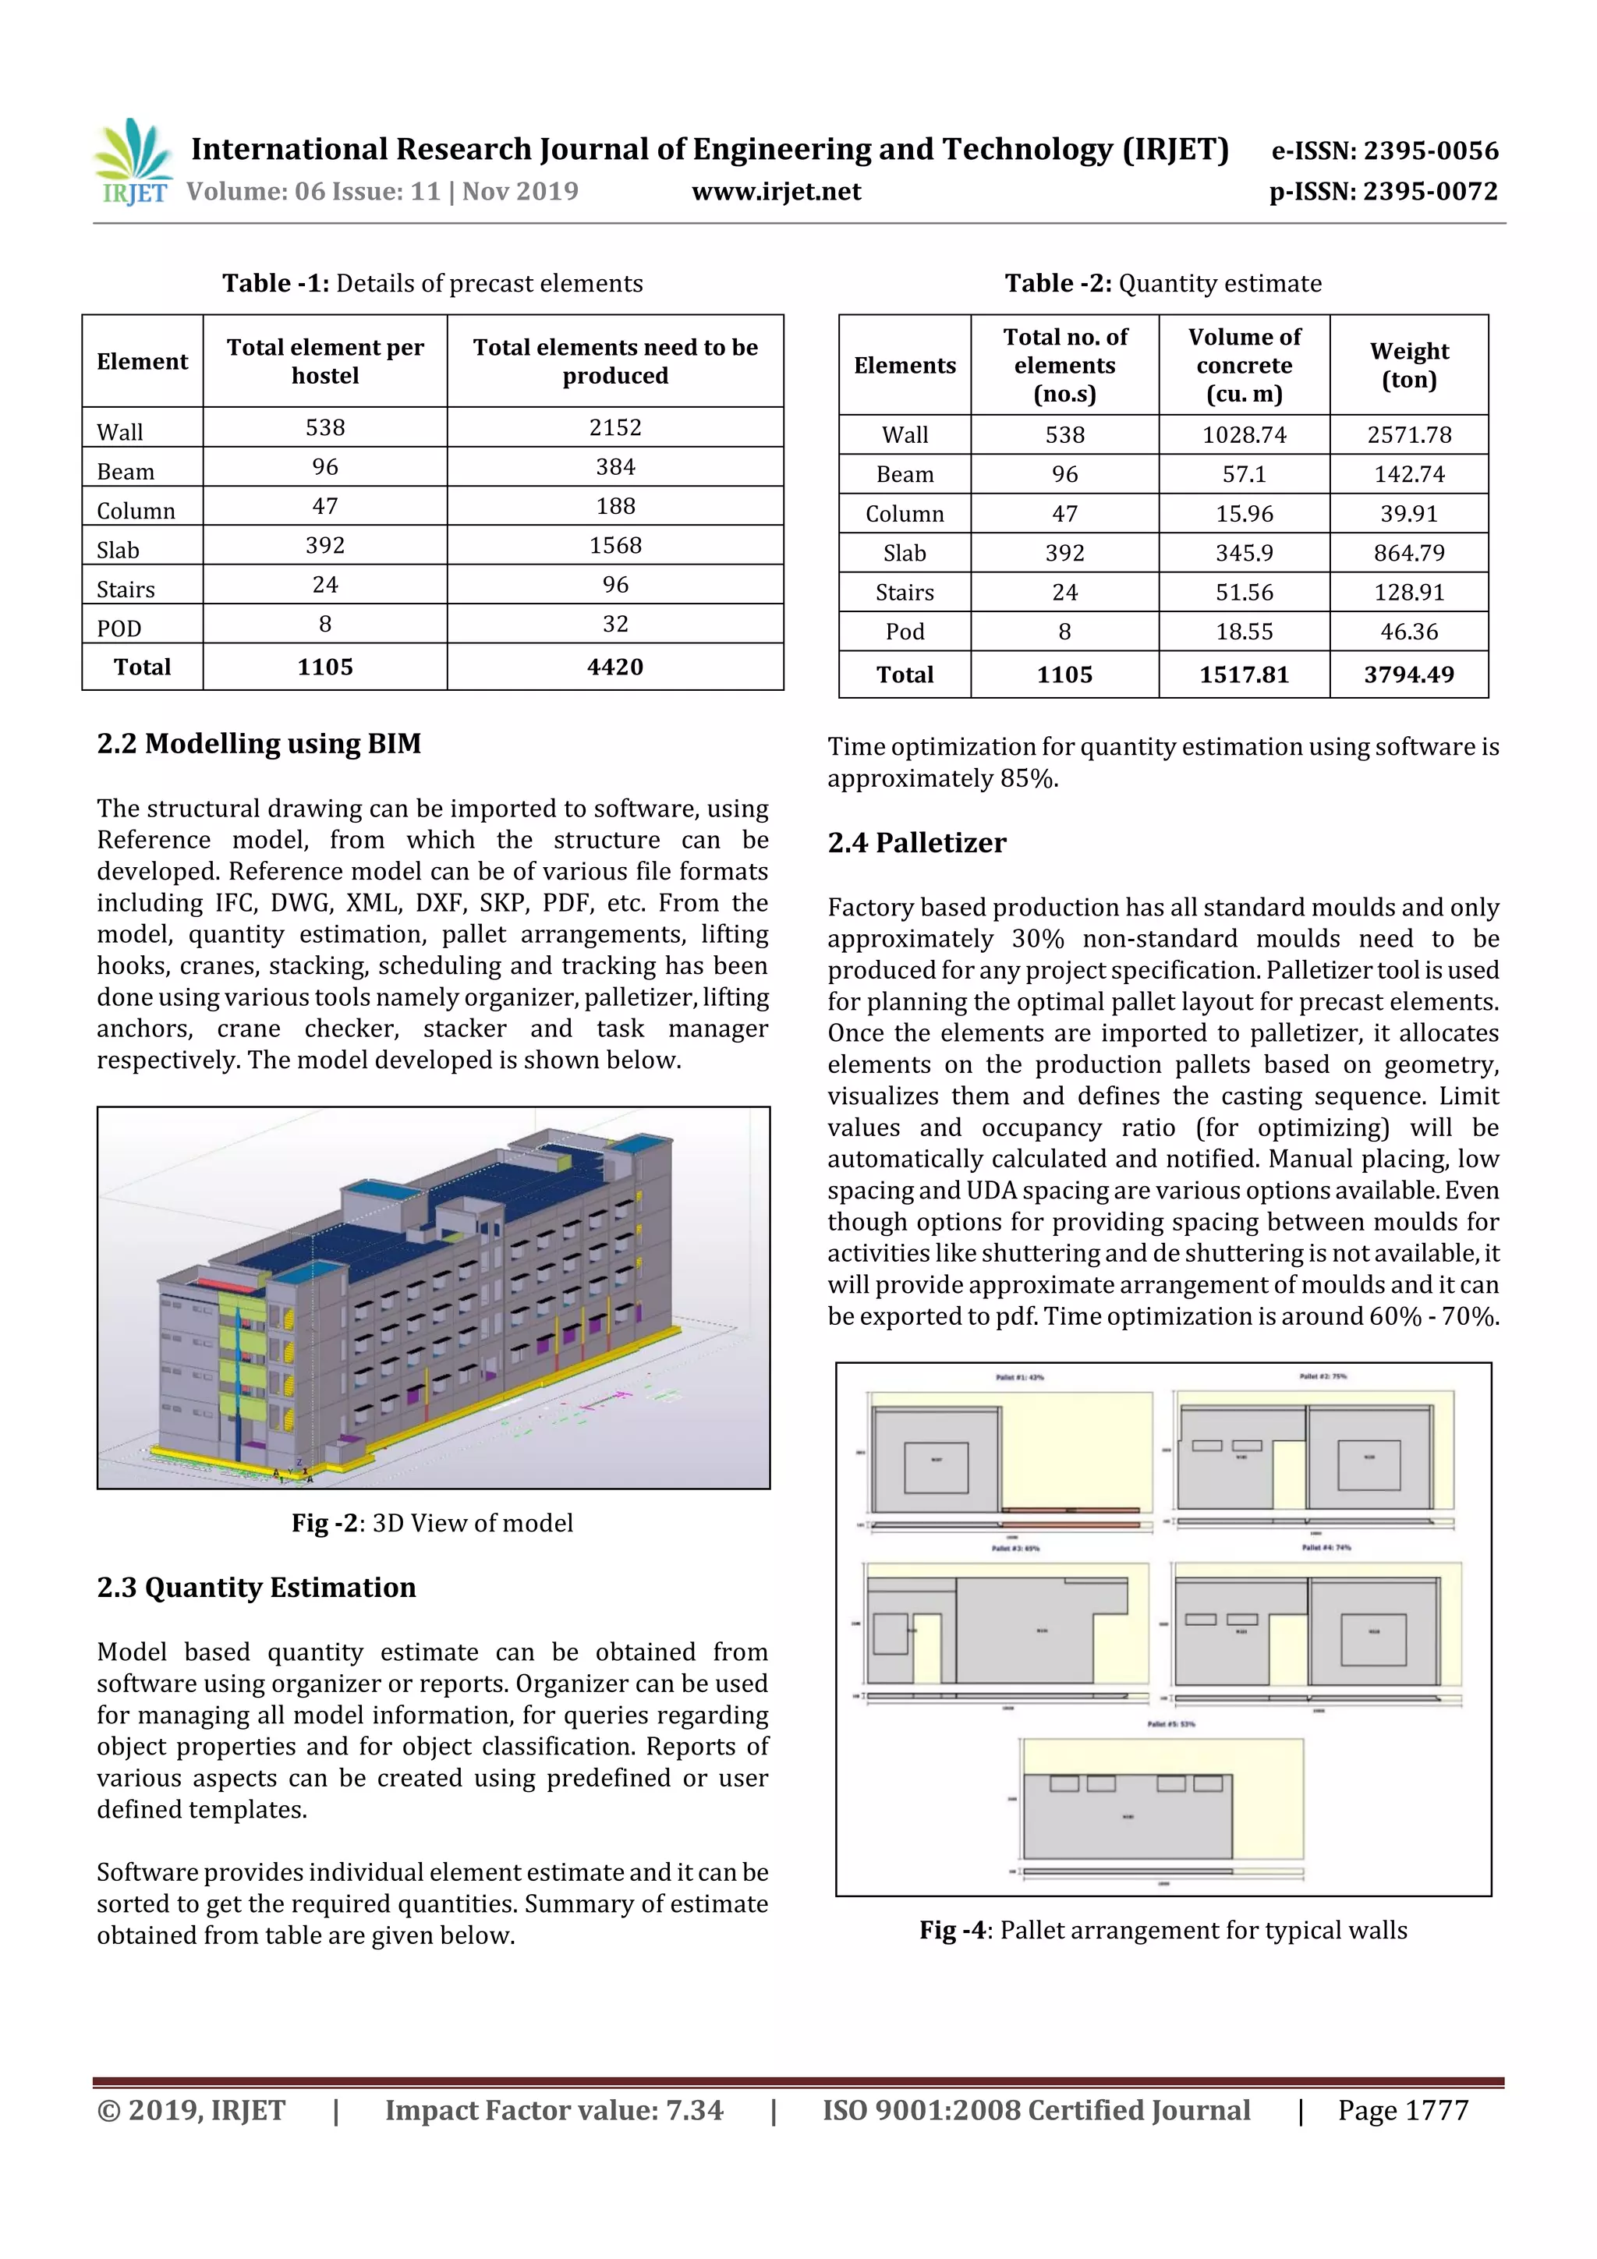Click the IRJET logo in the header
tap(132, 162)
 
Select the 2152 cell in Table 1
tap(615, 427)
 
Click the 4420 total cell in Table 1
tap(615, 667)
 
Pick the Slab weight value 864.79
tap(1408, 553)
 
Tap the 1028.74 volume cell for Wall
tap(1244, 435)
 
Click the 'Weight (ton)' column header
tap(1408, 365)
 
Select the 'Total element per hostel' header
tap(324, 361)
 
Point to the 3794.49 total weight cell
tap(1408, 675)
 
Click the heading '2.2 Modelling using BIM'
tap(259, 744)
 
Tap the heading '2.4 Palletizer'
tap(916, 843)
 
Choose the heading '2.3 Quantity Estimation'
tap(256, 1588)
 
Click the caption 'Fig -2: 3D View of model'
tap(432, 1523)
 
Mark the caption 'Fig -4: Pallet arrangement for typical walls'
tap(1163, 1931)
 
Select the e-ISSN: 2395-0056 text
tap(1384, 150)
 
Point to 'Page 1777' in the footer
tap(1402, 2110)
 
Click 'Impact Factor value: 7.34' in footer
tap(554, 2110)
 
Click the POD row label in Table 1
tap(119, 628)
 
